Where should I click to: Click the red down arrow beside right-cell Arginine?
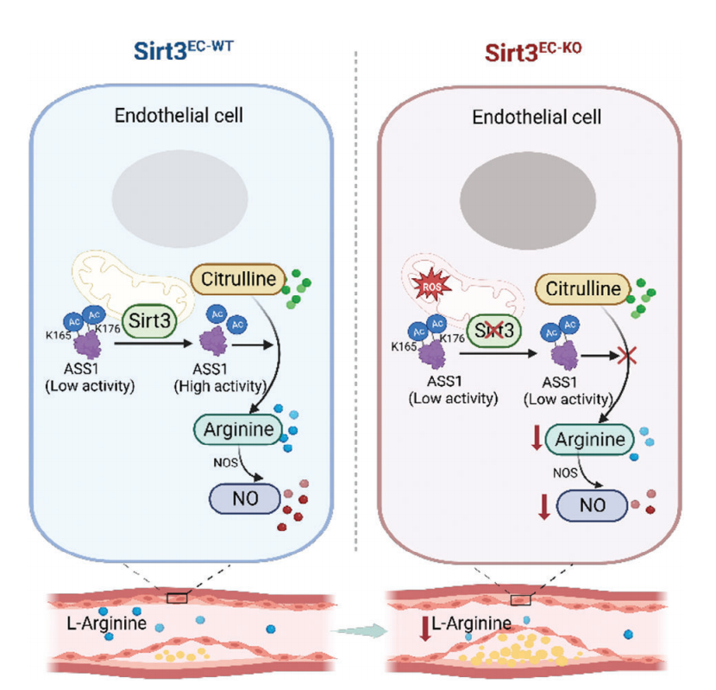[537, 438]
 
